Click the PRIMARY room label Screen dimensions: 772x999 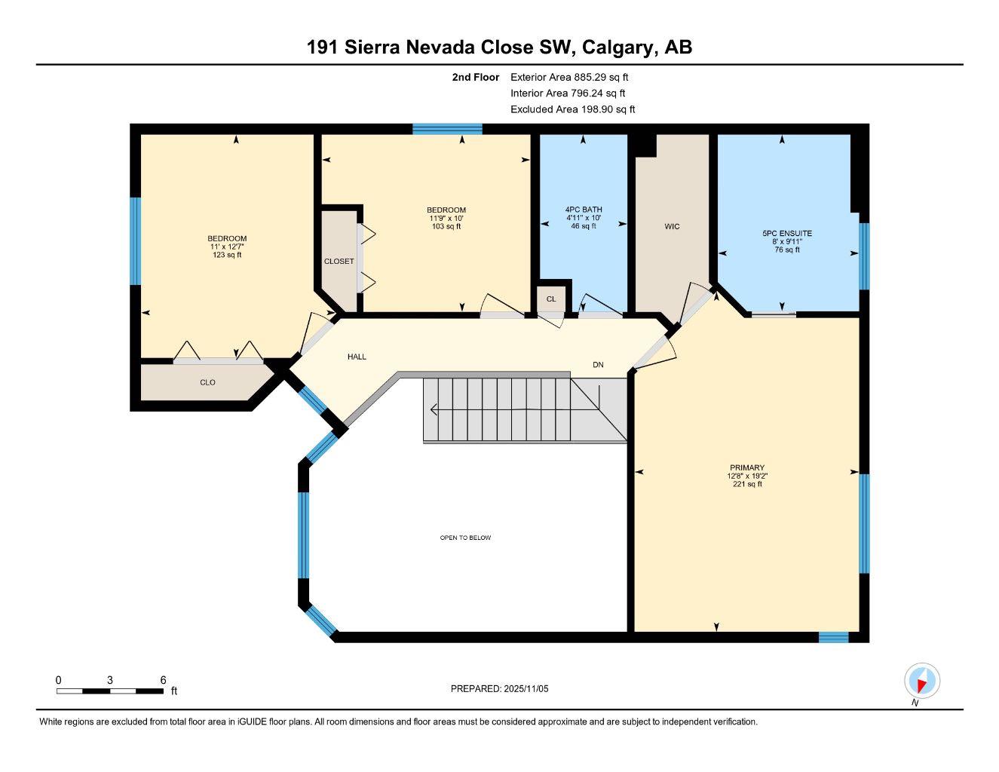[746, 467]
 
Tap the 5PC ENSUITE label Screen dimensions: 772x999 [786, 234]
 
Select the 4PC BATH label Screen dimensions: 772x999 [583, 210]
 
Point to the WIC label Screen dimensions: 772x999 [672, 226]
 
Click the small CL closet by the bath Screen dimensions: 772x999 [551, 299]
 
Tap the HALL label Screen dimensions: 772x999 [357, 357]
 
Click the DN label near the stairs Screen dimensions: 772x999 [598, 365]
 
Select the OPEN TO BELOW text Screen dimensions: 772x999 [465, 538]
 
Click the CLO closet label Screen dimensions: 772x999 [207, 382]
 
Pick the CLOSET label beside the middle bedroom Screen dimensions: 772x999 [339, 262]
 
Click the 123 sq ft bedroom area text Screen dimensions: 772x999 [227, 255]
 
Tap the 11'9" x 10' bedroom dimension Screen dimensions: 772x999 [446, 218]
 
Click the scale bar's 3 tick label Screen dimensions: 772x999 [110, 680]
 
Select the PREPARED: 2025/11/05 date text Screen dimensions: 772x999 [499, 688]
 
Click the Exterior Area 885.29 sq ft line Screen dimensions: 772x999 [569, 77]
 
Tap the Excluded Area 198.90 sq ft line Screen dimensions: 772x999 [572, 109]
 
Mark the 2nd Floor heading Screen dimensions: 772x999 [475, 77]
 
